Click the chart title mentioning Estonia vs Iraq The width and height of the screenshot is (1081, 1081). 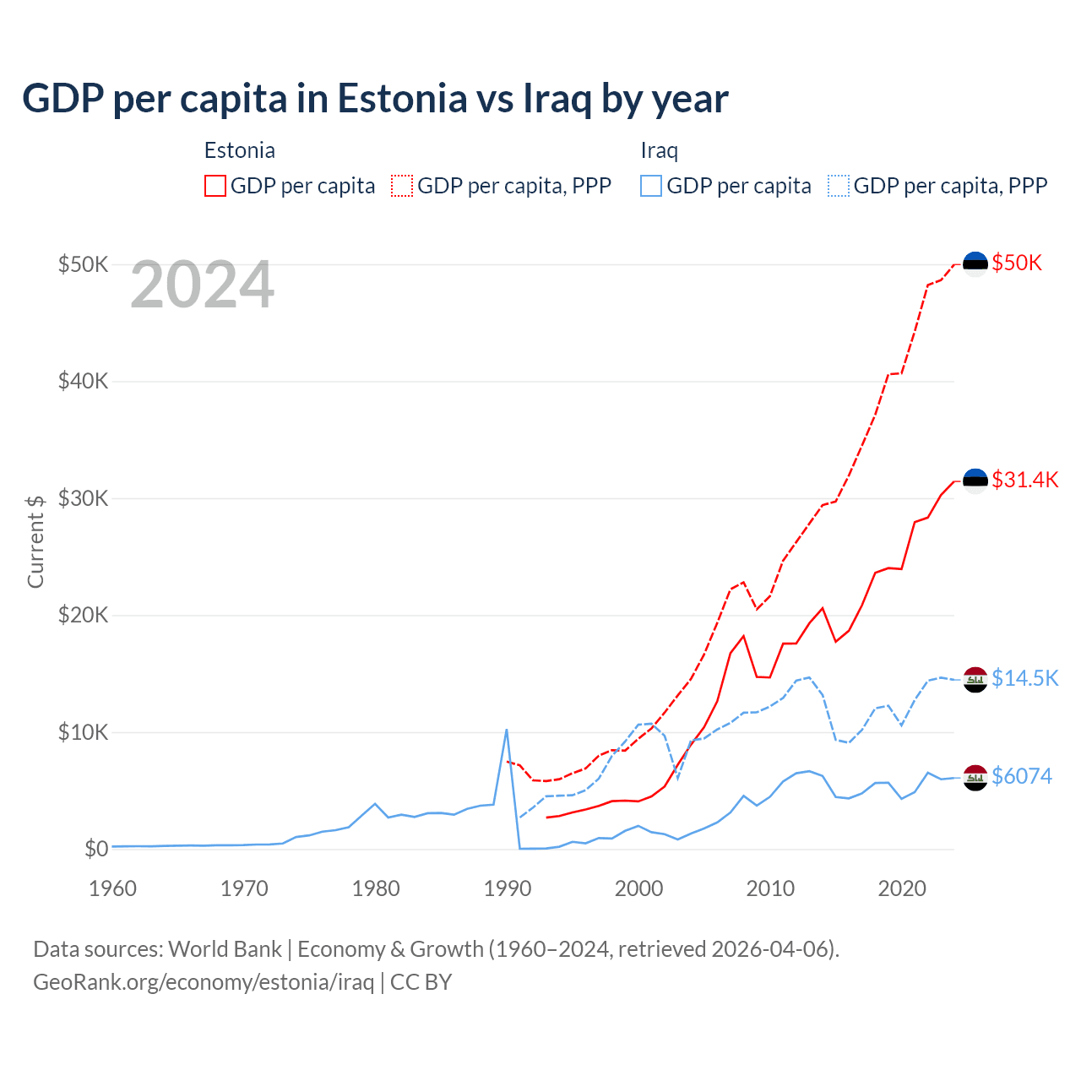[x=375, y=99]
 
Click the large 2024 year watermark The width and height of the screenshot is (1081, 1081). [x=202, y=285]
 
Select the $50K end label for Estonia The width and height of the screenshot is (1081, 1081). [x=1017, y=263]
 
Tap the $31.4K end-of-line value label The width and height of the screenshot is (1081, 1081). [x=1024, y=480]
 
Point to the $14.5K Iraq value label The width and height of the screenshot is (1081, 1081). [x=1024, y=678]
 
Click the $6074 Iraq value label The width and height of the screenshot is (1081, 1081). [x=1022, y=775]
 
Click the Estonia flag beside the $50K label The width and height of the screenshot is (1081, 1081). [x=975, y=263]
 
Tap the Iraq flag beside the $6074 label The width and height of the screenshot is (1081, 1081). [x=975, y=776]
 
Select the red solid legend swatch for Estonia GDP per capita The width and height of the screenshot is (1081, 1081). [x=215, y=186]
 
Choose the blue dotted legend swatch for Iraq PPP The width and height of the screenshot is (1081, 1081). [x=839, y=186]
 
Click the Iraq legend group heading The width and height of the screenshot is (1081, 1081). [x=659, y=150]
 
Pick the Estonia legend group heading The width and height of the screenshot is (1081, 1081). [x=240, y=150]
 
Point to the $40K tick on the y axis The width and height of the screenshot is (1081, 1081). [x=83, y=381]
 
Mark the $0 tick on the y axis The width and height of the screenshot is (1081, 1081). [x=96, y=849]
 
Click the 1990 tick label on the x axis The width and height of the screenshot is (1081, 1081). [x=508, y=888]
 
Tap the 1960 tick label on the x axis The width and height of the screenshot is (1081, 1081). [x=113, y=888]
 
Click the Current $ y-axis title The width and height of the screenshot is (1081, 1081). [x=35, y=540]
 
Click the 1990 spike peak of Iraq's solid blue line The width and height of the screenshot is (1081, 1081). [x=506, y=730]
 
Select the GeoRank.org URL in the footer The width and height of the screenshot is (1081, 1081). [x=203, y=982]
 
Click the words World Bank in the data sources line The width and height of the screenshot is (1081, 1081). [x=225, y=949]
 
